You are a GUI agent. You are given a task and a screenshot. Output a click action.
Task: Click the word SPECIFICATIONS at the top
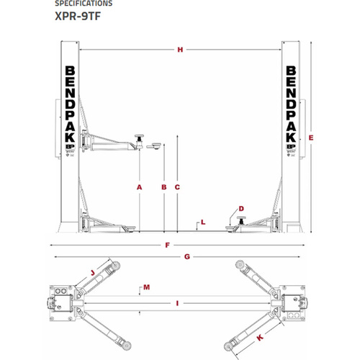coord(84,4)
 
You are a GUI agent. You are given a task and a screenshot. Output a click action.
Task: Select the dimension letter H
coord(180,50)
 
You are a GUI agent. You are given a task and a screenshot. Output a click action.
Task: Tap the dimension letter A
coord(139,187)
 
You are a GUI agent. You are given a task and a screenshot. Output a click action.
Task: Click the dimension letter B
coord(164,187)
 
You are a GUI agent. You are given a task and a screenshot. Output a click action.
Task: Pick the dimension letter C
coord(176,187)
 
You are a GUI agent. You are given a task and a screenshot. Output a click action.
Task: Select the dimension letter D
coord(241,210)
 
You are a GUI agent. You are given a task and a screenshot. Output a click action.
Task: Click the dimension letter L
coord(204,222)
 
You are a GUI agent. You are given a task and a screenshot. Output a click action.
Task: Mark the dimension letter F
coord(167,246)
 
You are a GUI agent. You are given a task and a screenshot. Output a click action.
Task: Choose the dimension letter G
coord(186,256)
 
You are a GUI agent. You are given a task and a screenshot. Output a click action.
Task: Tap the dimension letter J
coord(93,272)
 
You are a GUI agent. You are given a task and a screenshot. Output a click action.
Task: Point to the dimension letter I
coord(176,304)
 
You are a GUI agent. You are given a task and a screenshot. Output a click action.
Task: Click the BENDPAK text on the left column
coord(68,108)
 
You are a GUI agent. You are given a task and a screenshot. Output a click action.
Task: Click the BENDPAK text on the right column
coord(292,108)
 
